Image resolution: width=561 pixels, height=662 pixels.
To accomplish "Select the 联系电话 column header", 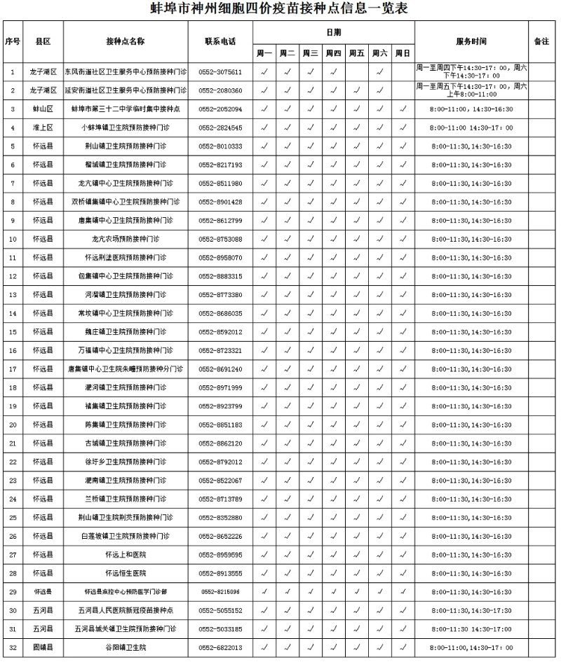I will pos(220,41).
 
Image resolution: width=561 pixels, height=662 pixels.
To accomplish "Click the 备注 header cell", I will pos(541,41).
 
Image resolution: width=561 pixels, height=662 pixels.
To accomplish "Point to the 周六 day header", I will pos(379,53).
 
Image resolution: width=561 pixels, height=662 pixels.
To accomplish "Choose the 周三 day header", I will pos(311,53).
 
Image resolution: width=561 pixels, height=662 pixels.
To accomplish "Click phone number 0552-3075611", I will pos(220,71).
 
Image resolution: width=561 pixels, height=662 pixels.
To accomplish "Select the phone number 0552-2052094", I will pos(220,109).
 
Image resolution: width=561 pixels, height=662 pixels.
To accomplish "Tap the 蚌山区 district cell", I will pos(43,109).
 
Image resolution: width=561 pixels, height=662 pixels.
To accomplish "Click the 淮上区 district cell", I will pos(43,127).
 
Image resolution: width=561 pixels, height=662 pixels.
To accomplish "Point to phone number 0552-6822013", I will pos(220,647).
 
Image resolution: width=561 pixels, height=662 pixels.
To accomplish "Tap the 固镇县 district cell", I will pos(43,647).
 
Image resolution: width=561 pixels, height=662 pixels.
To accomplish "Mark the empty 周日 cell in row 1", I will pos(403,71).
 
